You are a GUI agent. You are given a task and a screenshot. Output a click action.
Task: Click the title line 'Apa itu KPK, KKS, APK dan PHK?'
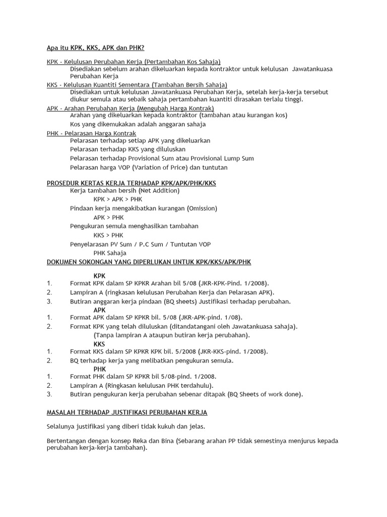point(95,48)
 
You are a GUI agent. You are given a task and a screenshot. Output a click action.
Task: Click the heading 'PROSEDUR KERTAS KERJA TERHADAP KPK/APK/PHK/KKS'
point(131,183)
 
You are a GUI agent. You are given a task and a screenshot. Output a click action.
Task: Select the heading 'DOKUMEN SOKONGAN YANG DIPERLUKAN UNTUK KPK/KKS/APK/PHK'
point(149,262)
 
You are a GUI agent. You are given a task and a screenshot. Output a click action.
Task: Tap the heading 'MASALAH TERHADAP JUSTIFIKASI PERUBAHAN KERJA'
point(126,412)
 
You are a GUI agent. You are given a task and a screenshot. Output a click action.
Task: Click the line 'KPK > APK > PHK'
point(118,199)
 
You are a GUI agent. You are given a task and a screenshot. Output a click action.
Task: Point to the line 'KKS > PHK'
point(108,235)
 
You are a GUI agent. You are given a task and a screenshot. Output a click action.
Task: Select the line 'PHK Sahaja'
point(110,253)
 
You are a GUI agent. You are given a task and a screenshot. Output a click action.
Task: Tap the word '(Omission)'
point(202,209)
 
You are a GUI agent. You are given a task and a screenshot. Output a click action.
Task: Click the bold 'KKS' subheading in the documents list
point(99,344)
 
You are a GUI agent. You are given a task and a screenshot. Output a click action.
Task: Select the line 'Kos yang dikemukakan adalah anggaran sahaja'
point(138,124)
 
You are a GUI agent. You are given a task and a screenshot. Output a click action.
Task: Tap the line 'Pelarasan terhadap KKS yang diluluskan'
point(127,149)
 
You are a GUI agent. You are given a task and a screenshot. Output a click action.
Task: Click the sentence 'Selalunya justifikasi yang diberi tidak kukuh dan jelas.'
point(126,427)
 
